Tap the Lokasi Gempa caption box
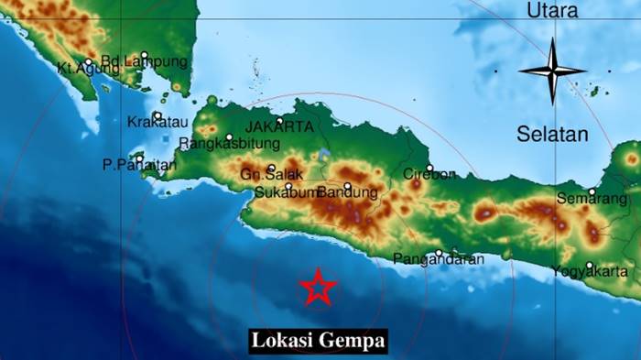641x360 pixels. [319, 342]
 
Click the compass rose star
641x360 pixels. [552, 71]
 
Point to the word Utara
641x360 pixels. [552, 11]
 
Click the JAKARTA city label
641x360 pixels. [279, 127]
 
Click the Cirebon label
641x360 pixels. [429, 174]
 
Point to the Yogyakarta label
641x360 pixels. [590, 271]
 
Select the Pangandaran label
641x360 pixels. [439, 259]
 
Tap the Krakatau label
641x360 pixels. [155, 123]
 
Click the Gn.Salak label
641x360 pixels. [258, 174]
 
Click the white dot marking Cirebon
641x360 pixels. [429, 168]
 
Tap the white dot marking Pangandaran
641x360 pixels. [440, 253]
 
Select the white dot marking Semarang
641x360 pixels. [592, 191]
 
